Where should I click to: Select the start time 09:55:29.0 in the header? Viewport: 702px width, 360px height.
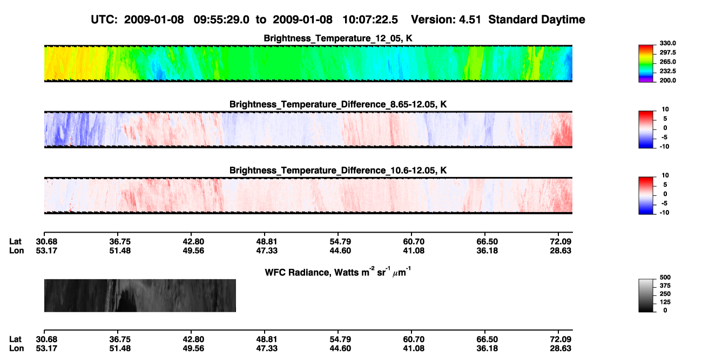pyautogui.click(x=221, y=19)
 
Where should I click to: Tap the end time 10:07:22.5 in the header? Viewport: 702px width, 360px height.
pyautogui.click(x=370, y=19)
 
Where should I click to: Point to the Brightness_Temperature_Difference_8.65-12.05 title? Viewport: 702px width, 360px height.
pyautogui.click(x=338, y=104)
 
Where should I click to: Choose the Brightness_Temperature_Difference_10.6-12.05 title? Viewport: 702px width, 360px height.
pyautogui.click(x=338, y=171)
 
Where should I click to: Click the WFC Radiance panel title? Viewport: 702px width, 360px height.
pyautogui.click(x=338, y=271)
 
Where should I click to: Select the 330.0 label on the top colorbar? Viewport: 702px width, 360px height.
pyautogui.click(x=667, y=43)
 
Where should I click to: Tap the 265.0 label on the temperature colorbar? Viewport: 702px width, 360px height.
pyautogui.click(x=667, y=62)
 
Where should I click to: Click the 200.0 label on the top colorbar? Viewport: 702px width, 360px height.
pyautogui.click(x=667, y=80)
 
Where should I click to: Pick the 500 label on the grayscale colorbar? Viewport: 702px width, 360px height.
pyautogui.click(x=665, y=277)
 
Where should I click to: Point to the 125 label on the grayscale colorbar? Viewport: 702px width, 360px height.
pyautogui.click(x=665, y=302)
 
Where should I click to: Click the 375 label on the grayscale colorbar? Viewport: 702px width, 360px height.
pyautogui.click(x=665, y=286)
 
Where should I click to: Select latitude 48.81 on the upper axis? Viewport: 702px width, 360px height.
pyautogui.click(x=267, y=242)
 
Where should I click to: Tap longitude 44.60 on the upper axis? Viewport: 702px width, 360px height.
pyautogui.click(x=340, y=250)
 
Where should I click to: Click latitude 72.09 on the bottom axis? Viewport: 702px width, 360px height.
pyautogui.click(x=561, y=339)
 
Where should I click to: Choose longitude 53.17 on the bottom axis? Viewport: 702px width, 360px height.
pyautogui.click(x=46, y=349)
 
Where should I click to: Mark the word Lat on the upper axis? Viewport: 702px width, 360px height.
pyautogui.click(x=15, y=242)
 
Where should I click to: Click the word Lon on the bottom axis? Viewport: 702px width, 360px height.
pyautogui.click(x=16, y=349)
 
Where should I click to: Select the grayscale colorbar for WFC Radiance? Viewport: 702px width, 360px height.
pyautogui.click(x=646, y=295)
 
